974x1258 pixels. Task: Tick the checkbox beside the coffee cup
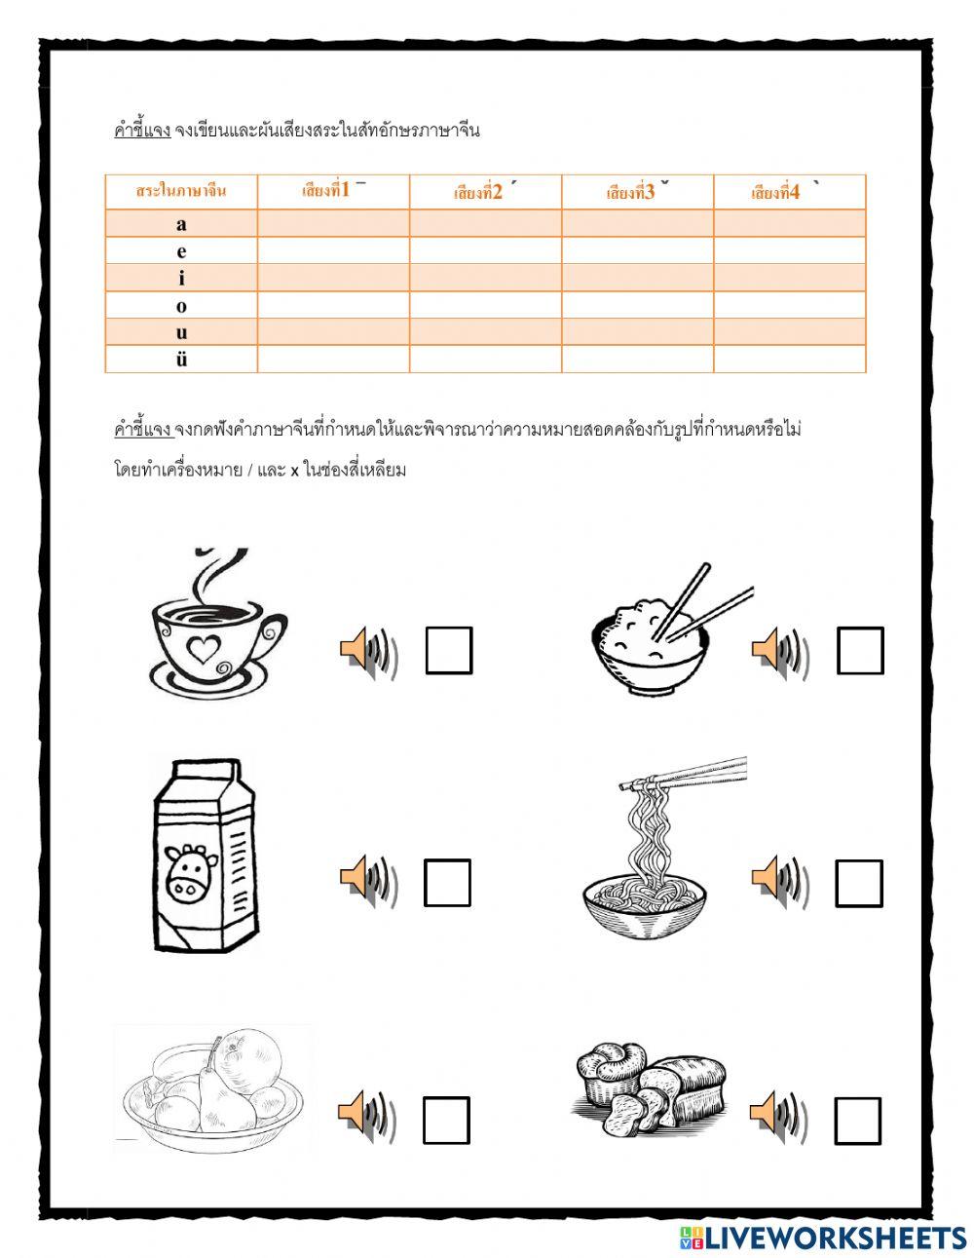coord(449,650)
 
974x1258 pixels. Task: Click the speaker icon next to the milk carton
coord(366,879)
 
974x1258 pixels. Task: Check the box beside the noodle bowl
coord(859,883)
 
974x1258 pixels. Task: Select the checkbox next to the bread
coord(858,1120)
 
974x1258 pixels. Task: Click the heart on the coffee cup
coord(203,650)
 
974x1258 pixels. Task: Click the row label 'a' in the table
coord(181,224)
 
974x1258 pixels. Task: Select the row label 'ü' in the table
coord(181,359)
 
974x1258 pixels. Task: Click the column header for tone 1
coord(333,191)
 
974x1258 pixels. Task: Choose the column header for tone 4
coord(789,192)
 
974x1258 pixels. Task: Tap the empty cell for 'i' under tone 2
coord(485,278)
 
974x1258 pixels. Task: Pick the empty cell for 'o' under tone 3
coord(637,305)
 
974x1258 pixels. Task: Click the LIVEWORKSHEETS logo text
coord(833,1237)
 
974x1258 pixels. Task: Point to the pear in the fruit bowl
coord(213,1096)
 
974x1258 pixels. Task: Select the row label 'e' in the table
coord(181,251)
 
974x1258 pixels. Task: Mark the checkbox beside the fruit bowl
coord(446,1120)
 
